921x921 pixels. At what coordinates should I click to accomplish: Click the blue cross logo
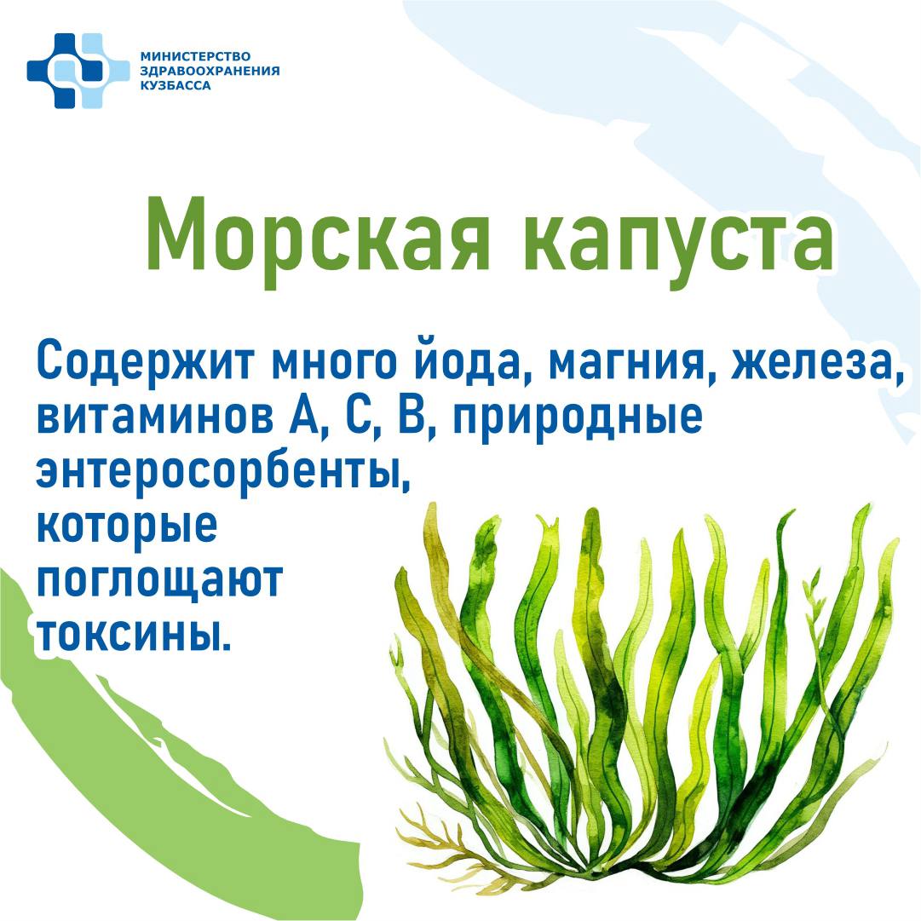click(x=78, y=71)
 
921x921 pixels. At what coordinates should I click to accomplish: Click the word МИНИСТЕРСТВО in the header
click(x=195, y=56)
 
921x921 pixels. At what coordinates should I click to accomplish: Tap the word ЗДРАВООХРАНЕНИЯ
click(x=210, y=71)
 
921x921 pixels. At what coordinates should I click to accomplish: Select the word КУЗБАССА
click(x=175, y=86)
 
